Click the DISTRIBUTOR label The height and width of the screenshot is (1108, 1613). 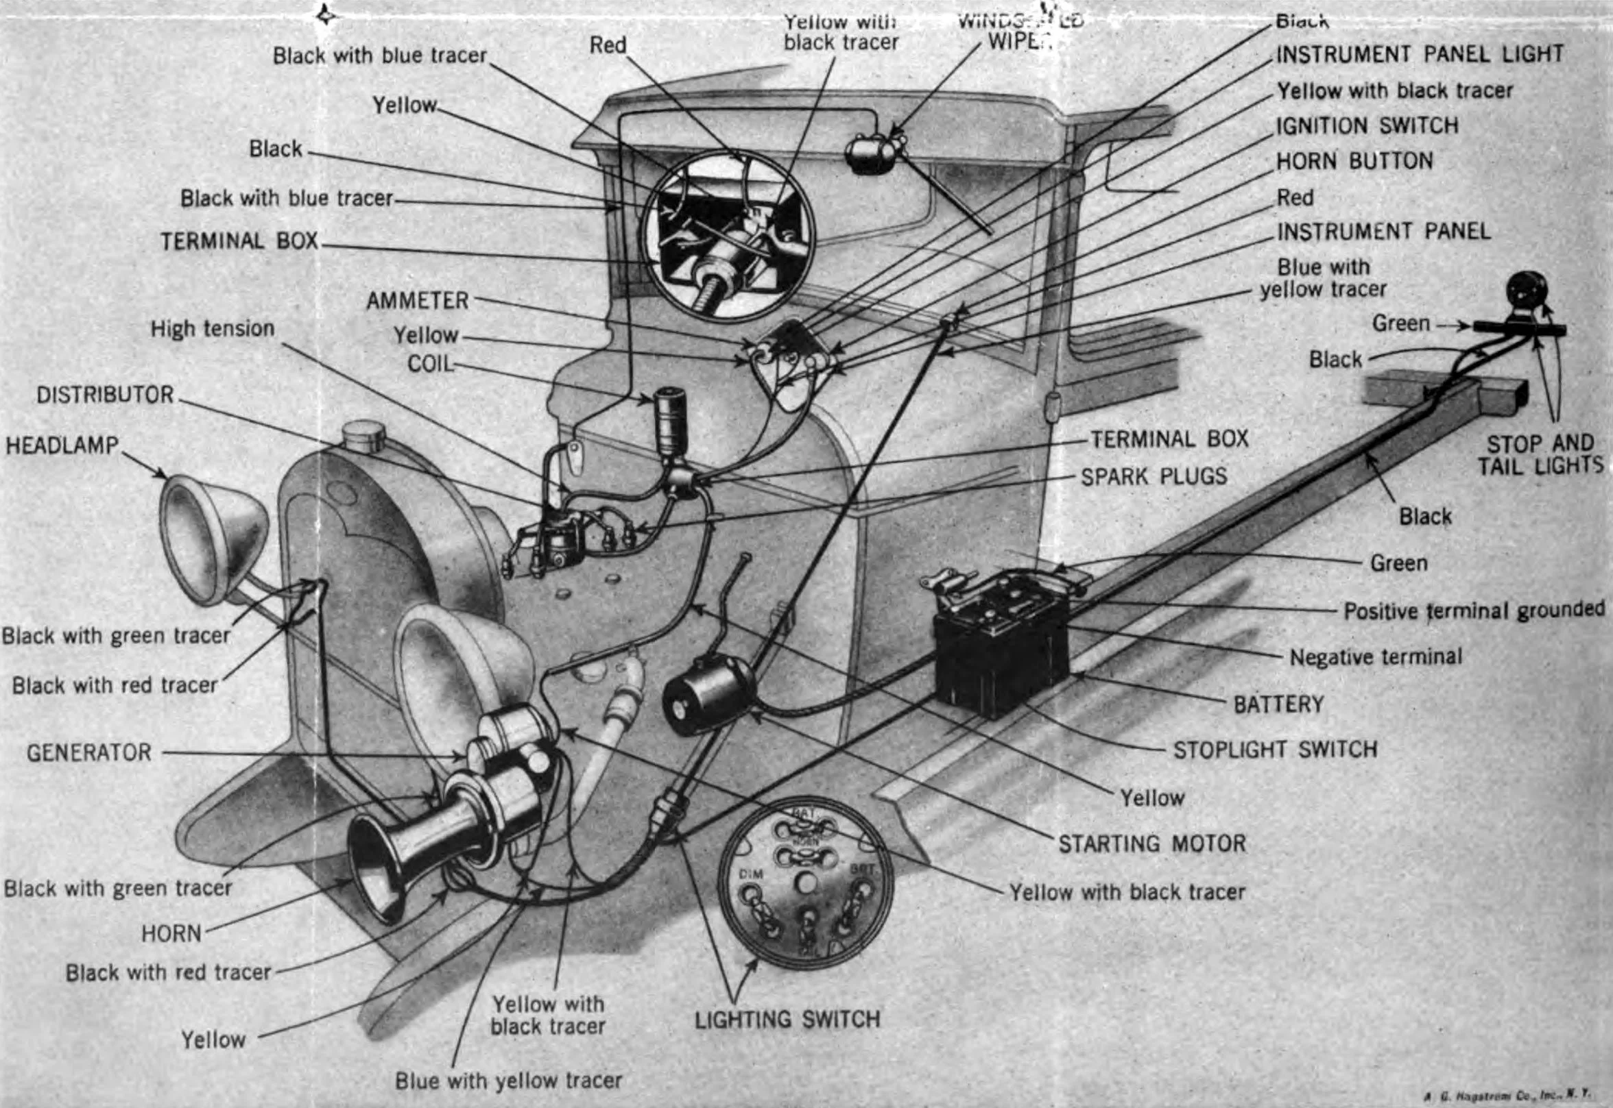pyautogui.click(x=105, y=395)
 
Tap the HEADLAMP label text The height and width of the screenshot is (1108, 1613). pyautogui.click(x=62, y=445)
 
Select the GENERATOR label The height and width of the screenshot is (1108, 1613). pyautogui.click(x=89, y=752)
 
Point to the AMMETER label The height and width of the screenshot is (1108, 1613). pyautogui.click(x=418, y=301)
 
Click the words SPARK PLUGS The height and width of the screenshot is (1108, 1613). pyautogui.click(x=1154, y=476)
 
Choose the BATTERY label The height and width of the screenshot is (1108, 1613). pyautogui.click(x=1278, y=704)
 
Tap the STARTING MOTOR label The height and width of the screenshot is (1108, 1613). pyautogui.click(x=1151, y=844)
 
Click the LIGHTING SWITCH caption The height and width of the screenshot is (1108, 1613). pyautogui.click(x=787, y=1019)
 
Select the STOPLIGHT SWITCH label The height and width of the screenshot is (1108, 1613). pyautogui.click(x=1275, y=750)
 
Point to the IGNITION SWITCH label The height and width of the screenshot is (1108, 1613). pyautogui.click(x=1366, y=125)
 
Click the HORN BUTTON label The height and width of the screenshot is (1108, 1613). pyautogui.click(x=1354, y=161)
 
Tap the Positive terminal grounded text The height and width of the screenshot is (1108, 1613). pyautogui.click(x=1473, y=611)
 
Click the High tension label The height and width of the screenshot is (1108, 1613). pyautogui.click(x=213, y=328)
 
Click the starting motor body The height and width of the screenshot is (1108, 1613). pyautogui.click(x=706, y=694)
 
